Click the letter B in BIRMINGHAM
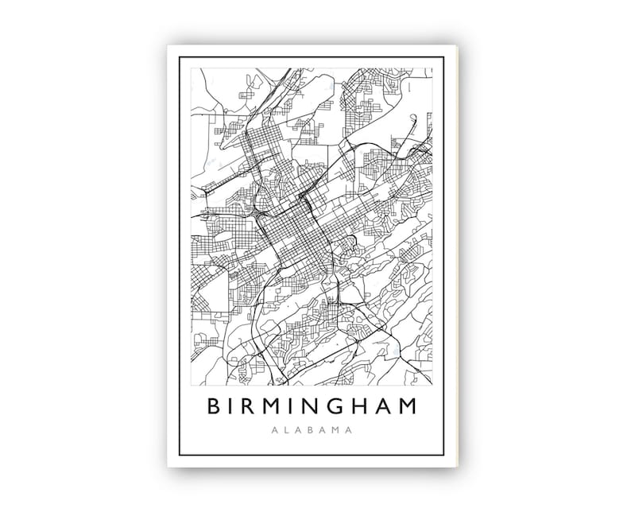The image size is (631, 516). coord(213,406)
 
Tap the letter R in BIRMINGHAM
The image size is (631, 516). coord(253,406)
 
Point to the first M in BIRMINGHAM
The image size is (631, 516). coord(277,406)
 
